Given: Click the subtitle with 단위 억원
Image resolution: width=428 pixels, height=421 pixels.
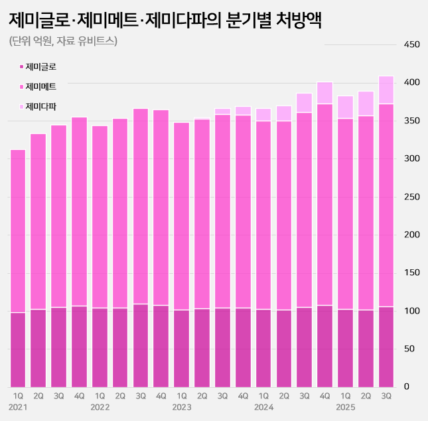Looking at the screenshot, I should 63,41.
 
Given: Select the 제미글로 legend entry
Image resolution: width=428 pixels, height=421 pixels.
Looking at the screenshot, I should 40,66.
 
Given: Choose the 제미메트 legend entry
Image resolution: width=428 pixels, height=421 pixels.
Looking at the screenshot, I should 40,86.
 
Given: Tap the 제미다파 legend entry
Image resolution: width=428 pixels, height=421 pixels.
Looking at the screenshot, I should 40,106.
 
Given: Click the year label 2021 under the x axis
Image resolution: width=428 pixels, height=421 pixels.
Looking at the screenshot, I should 18,406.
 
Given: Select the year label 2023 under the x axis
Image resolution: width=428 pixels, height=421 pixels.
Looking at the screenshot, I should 182,406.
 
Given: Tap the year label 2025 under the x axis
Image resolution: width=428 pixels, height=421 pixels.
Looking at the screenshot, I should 345,406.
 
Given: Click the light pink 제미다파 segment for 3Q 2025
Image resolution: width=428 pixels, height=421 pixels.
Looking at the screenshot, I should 386,90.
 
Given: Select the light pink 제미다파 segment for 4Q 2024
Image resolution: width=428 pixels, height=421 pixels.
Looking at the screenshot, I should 324,93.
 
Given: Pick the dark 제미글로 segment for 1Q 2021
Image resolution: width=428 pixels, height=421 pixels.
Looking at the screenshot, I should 18,349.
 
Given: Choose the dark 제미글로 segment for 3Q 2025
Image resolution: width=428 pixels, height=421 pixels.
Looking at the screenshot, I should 386,347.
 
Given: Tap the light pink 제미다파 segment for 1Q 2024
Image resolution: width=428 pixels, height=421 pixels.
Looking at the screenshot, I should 263,115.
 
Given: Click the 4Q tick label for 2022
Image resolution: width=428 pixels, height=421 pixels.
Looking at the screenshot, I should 161,396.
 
